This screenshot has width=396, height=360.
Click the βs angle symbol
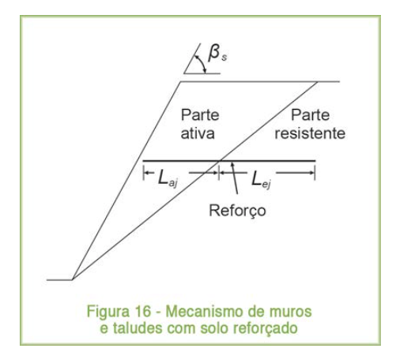point(217,54)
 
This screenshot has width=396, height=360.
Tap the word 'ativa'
point(198,133)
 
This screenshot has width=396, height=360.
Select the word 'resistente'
point(310,133)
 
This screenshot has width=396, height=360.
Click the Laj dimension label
point(168,178)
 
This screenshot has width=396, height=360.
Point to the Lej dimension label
point(261,178)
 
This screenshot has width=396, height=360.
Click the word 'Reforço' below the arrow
point(237,211)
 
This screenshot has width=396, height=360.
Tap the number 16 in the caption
point(143,311)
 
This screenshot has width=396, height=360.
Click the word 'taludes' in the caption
point(138,328)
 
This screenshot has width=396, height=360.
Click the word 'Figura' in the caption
point(108,312)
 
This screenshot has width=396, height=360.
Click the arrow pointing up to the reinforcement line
point(235,178)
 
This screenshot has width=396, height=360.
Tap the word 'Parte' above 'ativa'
point(200,115)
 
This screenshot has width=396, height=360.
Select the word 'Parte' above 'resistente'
point(310,115)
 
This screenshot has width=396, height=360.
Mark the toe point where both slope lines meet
point(72,279)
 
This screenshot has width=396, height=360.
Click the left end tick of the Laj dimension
point(143,173)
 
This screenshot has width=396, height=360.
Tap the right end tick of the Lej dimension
point(315,173)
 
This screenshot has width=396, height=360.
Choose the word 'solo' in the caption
point(214,328)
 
